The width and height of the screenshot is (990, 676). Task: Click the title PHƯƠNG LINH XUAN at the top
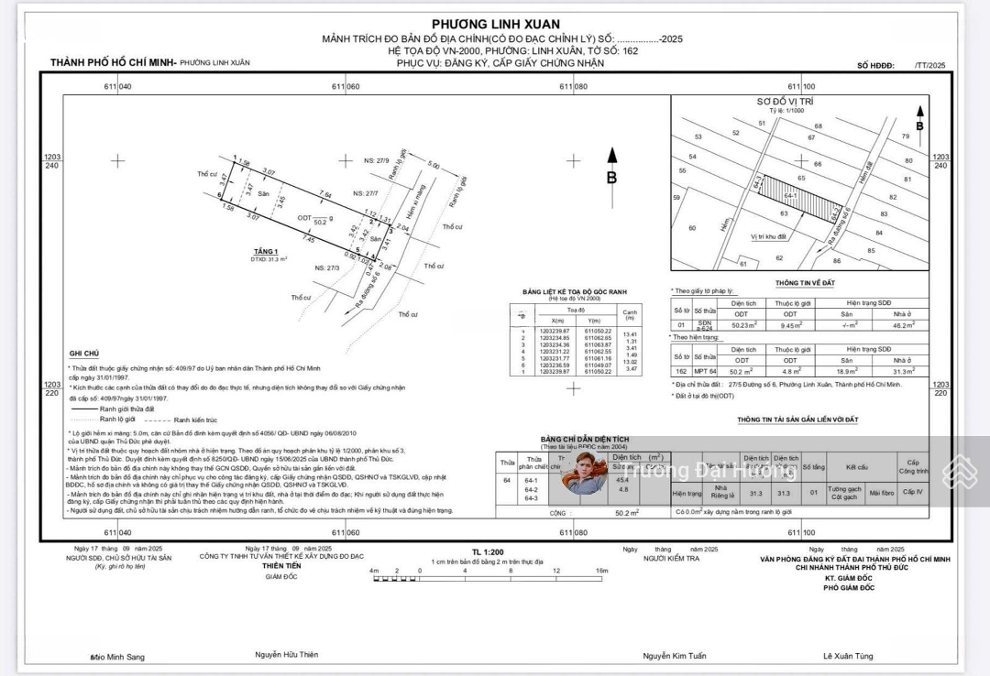[x=495, y=24]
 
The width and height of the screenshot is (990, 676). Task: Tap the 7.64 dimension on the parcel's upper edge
[x=324, y=195]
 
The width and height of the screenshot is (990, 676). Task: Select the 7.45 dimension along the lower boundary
[x=308, y=240]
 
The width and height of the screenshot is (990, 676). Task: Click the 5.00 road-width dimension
[x=433, y=166]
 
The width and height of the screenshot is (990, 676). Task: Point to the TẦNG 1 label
[x=266, y=251]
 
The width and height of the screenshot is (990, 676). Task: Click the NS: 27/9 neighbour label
[x=377, y=161]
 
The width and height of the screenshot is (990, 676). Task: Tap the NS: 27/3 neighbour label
[x=327, y=267]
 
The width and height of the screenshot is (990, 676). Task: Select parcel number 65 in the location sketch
[x=801, y=178]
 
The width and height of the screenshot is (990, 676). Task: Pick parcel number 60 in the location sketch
[x=692, y=229]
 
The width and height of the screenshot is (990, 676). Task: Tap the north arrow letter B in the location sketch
[x=919, y=125]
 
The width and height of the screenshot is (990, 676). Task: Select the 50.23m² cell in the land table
[x=742, y=324]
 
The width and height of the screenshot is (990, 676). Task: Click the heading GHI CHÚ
[x=83, y=354]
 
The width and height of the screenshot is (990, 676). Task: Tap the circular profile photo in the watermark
[x=584, y=472]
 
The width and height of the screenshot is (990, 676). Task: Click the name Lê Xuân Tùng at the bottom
[x=848, y=657]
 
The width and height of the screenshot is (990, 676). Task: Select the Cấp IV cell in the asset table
[x=913, y=492]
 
